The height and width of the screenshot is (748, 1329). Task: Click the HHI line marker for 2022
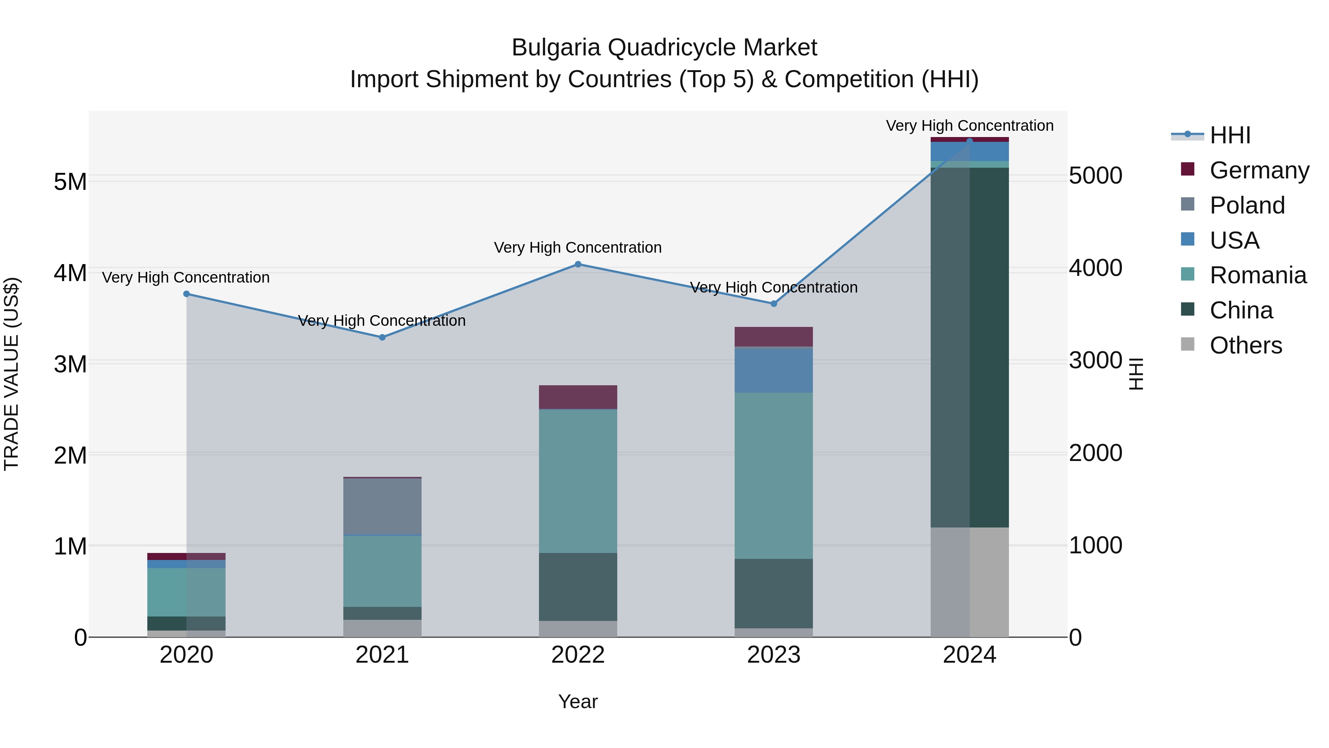click(x=578, y=264)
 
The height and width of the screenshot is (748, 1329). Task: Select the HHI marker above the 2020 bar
click(x=187, y=294)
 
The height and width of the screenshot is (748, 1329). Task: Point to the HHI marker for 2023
click(x=774, y=304)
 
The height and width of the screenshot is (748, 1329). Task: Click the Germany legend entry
click(x=1259, y=170)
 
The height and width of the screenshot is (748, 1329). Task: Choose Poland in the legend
click(x=1247, y=205)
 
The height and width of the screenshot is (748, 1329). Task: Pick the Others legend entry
click(x=1246, y=345)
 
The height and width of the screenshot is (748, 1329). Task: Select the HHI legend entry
click(x=1230, y=135)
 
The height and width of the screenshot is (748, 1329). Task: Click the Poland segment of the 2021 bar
click(x=382, y=506)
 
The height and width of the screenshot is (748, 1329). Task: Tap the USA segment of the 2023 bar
click(x=774, y=370)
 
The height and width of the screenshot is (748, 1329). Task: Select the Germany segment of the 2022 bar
click(x=578, y=397)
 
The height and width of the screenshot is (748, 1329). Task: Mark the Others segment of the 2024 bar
click(x=970, y=582)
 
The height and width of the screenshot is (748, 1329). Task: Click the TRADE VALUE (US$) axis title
click(x=11, y=374)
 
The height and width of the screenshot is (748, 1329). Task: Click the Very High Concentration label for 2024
click(x=969, y=126)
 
